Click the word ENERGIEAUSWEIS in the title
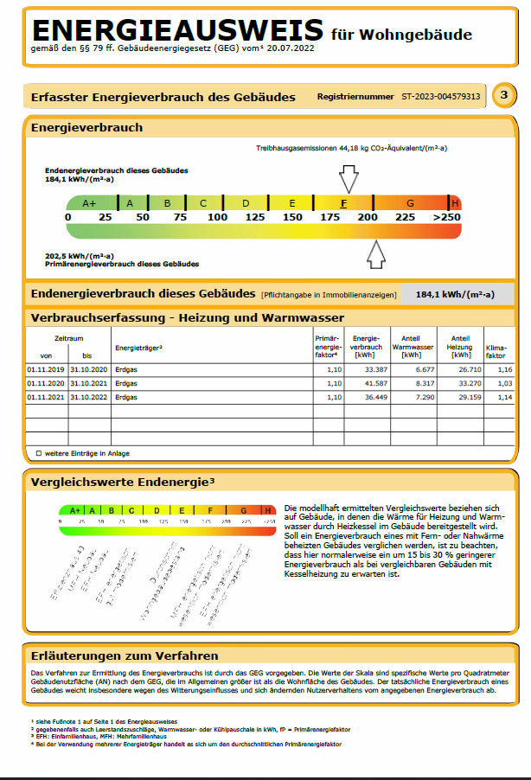pyautogui.click(x=176, y=30)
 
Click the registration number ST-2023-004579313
pyautogui.click(x=440, y=96)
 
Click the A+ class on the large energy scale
pyautogui.click(x=90, y=203)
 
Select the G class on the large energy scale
pyautogui.click(x=410, y=203)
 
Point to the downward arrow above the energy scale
pyautogui.click(x=348, y=179)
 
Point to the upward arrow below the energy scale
pyautogui.click(x=375, y=254)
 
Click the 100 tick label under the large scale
pyautogui.click(x=218, y=217)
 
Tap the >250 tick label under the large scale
pyautogui.click(x=447, y=217)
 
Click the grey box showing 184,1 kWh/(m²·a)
pyautogui.click(x=455, y=294)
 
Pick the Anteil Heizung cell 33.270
pyautogui.click(x=460, y=382)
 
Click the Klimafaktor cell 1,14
pyautogui.click(x=495, y=397)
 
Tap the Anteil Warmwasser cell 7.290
pyautogui.click(x=413, y=397)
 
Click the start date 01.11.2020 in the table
pyautogui.click(x=46, y=382)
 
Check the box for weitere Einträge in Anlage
pyautogui.click(x=38, y=452)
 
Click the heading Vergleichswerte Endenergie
pyautogui.click(x=122, y=481)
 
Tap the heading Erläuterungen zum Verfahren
pyautogui.click(x=125, y=655)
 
